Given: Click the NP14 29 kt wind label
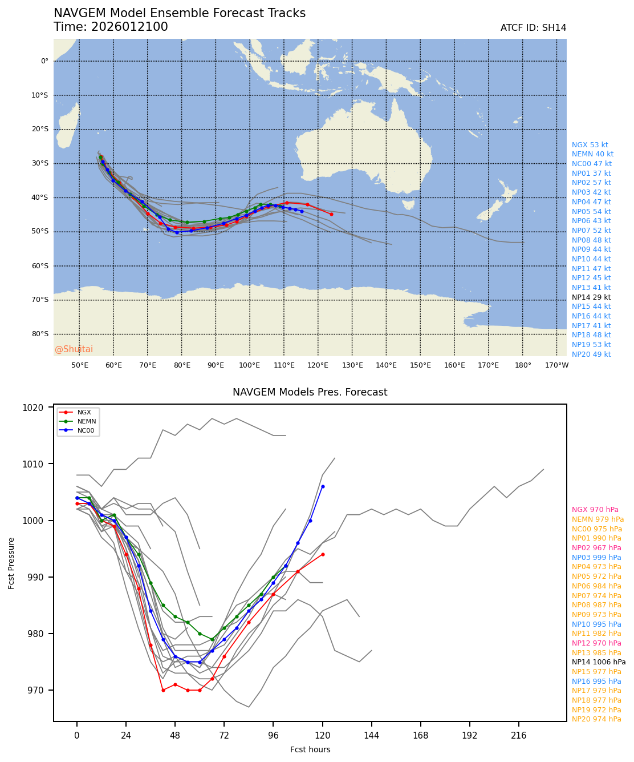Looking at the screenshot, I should [x=591, y=297].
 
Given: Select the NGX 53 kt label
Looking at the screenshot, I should [x=590, y=145].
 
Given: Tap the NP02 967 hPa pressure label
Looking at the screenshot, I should [x=596, y=548].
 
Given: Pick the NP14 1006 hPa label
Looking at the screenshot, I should [x=599, y=662].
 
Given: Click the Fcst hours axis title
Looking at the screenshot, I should [x=310, y=749].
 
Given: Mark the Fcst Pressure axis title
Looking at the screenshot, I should [x=12, y=563].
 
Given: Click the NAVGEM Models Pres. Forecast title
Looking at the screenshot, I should [x=310, y=393].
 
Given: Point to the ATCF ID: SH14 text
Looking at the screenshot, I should [x=533, y=28].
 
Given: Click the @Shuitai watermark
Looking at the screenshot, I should [x=74, y=349].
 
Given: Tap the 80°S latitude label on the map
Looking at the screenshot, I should [x=40, y=334].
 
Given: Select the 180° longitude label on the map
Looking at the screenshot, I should [x=523, y=365].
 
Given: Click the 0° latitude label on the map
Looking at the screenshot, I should [x=44, y=61].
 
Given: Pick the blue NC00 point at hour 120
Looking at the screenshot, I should [x=323, y=486].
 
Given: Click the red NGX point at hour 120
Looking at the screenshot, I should [x=323, y=554].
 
